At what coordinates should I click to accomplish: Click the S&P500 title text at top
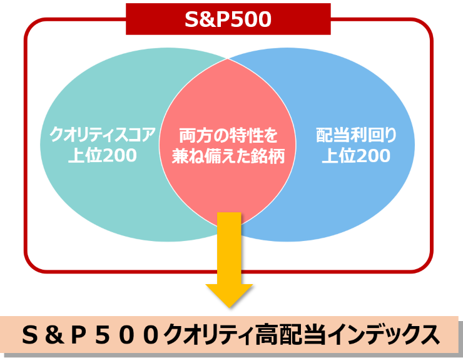pyautogui.click(x=228, y=19)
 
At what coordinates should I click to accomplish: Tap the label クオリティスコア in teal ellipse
pyautogui.click(x=103, y=135)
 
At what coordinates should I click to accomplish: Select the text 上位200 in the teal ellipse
pyautogui.click(x=103, y=155)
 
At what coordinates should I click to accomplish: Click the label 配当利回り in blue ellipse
pyautogui.click(x=356, y=135)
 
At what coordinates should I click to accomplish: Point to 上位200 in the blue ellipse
pyautogui.click(x=356, y=156)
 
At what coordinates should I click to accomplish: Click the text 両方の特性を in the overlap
pyautogui.click(x=228, y=135)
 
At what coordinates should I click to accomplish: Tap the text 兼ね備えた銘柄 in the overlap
pyautogui.click(x=228, y=156)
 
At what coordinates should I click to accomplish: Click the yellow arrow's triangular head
pyautogui.click(x=229, y=295)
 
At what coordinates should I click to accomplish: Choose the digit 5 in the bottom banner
pyautogui.click(x=103, y=335)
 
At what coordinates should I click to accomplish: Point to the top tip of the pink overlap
pyautogui.click(x=228, y=59)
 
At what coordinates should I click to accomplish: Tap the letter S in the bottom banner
pyautogui.click(x=31, y=335)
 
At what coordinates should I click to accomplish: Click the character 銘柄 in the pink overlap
pyautogui.click(x=268, y=156)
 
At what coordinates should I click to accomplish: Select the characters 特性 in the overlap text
pyautogui.click(x=244, y=135)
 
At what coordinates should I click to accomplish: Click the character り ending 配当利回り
pyautogui.click(x=390, y=135)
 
